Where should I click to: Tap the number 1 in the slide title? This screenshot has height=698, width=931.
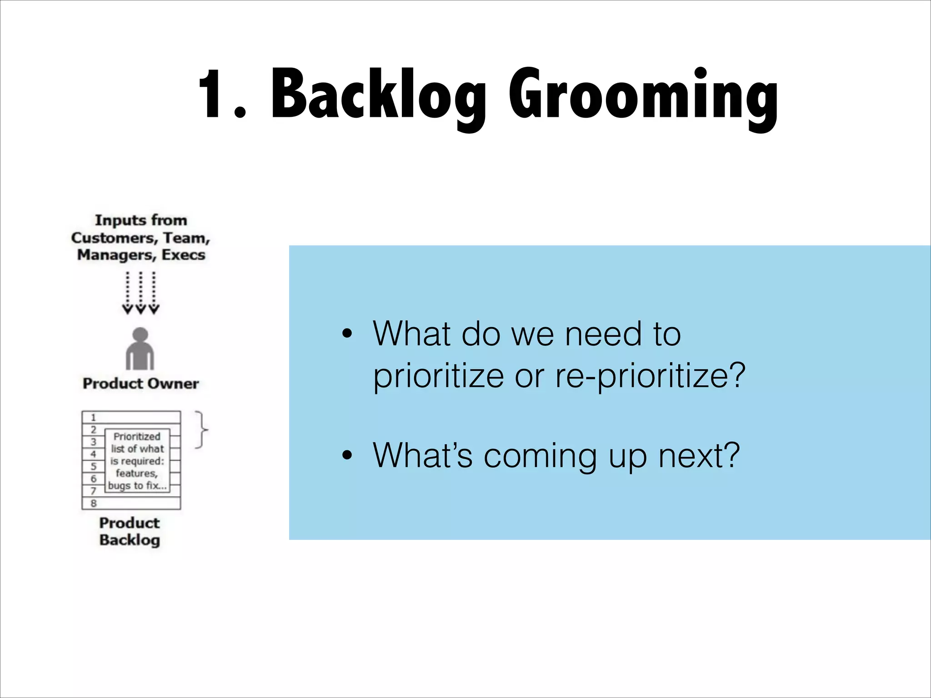214,95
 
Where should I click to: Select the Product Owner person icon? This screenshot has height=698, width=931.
140,349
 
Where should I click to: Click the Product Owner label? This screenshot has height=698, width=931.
140,384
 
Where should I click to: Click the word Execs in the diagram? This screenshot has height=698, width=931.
183,255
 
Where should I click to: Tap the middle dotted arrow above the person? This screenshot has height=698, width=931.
140,293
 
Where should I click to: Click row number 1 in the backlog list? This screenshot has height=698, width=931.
94,417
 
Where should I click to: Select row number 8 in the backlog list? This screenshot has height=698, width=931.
94,503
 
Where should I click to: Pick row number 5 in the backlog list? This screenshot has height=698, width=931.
94,466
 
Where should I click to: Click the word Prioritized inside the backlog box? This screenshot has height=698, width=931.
137,437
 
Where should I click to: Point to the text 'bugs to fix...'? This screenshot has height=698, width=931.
137,485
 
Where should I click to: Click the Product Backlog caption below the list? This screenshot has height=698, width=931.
130,531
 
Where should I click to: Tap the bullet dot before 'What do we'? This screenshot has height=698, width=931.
347,334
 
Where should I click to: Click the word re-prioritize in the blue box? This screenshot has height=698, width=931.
650,376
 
